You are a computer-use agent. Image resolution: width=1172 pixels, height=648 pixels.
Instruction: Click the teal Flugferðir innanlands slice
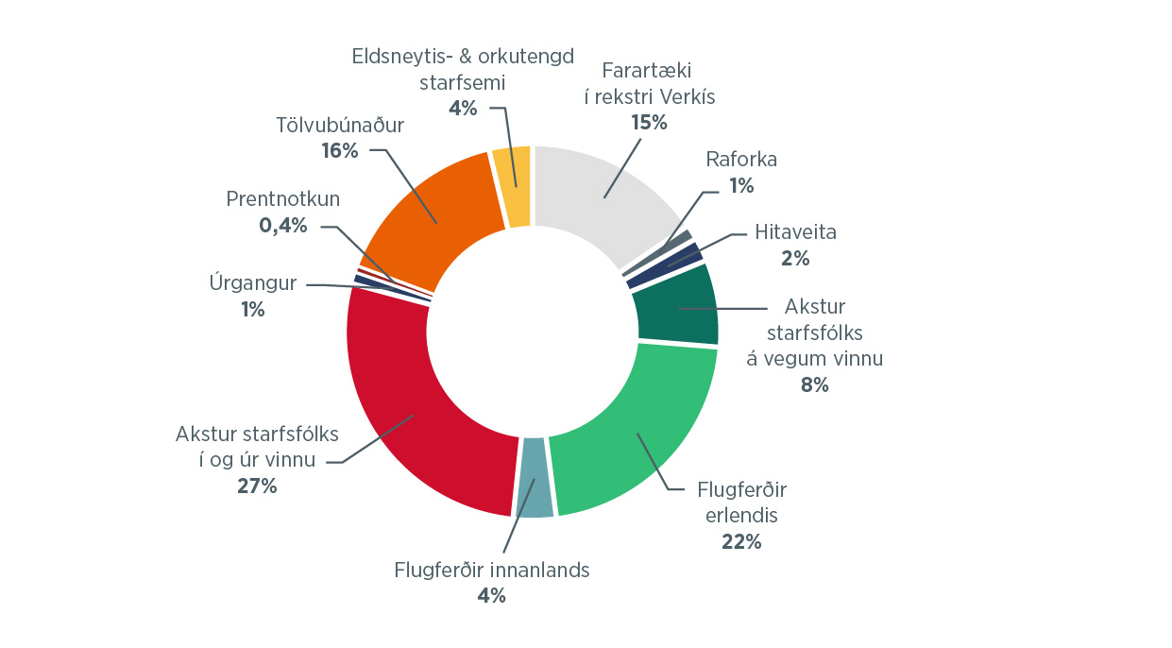pos(535,478)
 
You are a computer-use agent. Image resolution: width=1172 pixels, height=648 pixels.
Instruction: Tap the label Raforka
pos(741,159)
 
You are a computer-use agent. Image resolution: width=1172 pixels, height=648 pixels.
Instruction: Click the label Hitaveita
pos(795,231)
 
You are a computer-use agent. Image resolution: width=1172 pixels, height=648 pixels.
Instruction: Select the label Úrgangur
pos(252,282)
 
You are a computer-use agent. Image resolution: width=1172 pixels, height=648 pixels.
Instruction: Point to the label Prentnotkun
pos(283,198)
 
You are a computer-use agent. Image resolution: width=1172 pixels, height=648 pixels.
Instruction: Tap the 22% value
pos(740,542)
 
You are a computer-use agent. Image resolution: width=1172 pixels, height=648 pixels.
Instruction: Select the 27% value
pos(256,486)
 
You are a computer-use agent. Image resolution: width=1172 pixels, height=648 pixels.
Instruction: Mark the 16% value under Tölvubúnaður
pos(339,150)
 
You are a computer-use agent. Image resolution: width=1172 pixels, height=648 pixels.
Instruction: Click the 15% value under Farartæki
pos(649,122)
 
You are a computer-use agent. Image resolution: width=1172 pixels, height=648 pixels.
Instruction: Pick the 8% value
pos(814,384)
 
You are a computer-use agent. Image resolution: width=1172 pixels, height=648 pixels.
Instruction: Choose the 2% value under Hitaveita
pos(795,258)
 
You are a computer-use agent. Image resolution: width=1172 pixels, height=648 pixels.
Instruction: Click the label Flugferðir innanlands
pos(491,570)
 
